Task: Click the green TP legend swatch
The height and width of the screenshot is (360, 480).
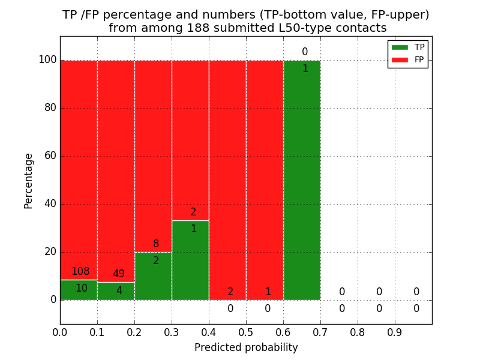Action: point(400,47)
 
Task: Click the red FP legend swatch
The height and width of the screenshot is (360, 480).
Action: point(400,59)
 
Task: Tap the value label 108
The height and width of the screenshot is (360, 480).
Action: point(80,272)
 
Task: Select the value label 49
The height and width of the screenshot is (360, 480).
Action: point(118,274)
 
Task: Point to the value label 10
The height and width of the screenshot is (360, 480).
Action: point(81,289)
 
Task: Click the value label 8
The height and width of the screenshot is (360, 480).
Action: point(156,244)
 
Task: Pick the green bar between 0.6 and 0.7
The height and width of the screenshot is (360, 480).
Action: point(302,180)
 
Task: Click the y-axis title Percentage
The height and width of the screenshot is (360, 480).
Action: point(29,181)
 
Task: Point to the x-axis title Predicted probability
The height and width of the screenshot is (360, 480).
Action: point(246,347)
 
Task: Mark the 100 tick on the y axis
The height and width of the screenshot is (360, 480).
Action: point(47,60)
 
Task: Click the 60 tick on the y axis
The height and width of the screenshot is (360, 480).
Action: point(50,156)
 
